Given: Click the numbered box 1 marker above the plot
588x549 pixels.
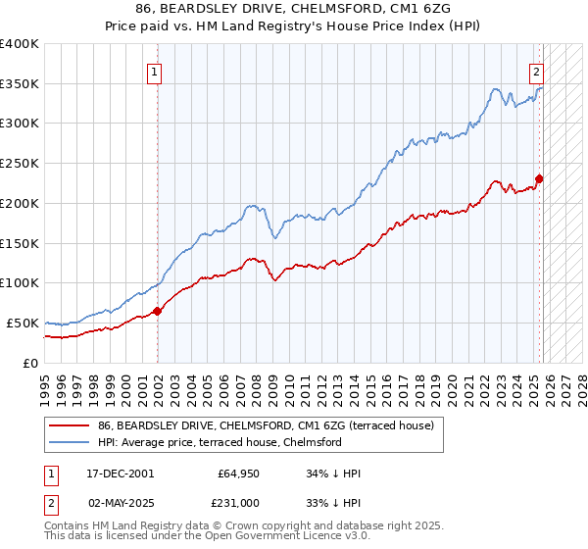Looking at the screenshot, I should (x=155, y=70).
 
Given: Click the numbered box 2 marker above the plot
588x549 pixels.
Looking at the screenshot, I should (x=537, y=70).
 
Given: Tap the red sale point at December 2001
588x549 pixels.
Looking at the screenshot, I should (x=158, y=311).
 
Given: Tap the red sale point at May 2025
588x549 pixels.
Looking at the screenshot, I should (x=539, y=178).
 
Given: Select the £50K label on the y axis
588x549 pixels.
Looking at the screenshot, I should (x=23, y=323).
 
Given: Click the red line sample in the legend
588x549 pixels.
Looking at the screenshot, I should (x=69, y=425).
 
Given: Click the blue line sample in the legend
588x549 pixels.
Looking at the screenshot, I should (x=69, y=442).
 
